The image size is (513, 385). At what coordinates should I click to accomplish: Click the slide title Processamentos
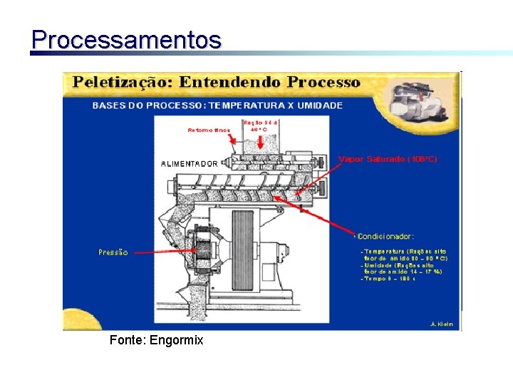pos(126,39)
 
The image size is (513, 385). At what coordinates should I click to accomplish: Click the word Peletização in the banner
pos(121,82)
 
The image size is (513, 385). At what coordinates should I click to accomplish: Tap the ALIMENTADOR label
pos(190,164)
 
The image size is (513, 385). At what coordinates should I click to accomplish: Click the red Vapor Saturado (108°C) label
pos(387,159)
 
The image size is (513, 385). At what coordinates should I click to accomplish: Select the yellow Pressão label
pos(113,252)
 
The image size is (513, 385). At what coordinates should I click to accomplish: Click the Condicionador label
pos(385,236)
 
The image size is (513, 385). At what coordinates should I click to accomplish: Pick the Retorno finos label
pos(208,130)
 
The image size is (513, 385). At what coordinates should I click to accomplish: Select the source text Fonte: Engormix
pos(156,340)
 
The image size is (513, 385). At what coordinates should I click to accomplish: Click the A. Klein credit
pos(442,324)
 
